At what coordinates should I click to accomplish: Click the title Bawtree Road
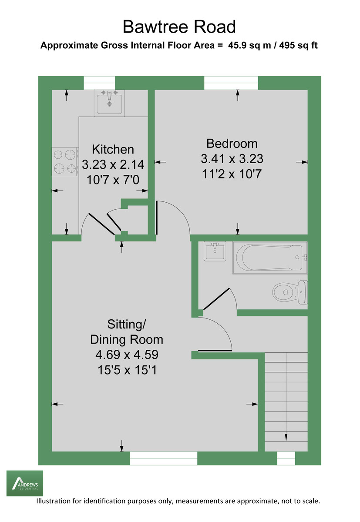[179, 27]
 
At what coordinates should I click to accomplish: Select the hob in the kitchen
[65, 161]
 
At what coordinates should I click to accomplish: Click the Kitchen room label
[113, 149]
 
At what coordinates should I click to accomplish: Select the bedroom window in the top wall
[231, 83]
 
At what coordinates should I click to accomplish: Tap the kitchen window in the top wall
[99, 83]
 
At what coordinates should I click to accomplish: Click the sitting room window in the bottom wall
[164, 458]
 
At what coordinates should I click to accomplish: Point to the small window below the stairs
[286, 458]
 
